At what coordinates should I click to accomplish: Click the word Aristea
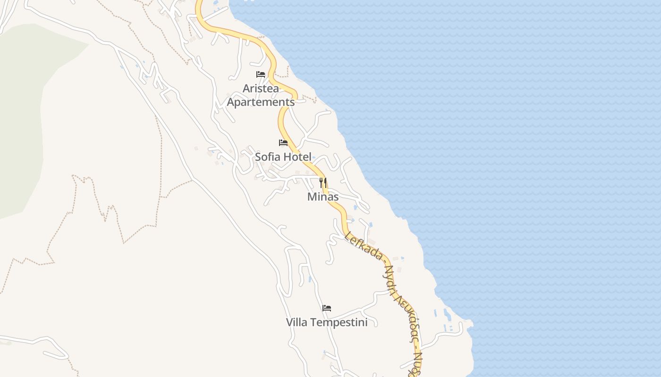(261, 89)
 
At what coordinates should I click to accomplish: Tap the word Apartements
(261, 102)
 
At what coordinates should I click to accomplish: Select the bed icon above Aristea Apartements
(261, 74)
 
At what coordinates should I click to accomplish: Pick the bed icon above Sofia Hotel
(283, 143)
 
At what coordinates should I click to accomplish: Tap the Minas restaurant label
(323, 197)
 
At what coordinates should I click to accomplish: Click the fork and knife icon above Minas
(323, 182)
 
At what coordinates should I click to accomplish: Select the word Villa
(297, 322)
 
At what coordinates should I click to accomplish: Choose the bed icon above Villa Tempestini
(327, 308)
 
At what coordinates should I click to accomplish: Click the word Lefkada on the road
(364, 245)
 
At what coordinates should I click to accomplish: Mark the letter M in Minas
(312, 197)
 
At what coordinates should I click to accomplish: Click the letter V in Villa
(289, 322)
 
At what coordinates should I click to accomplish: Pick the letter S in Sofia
(258, 157)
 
